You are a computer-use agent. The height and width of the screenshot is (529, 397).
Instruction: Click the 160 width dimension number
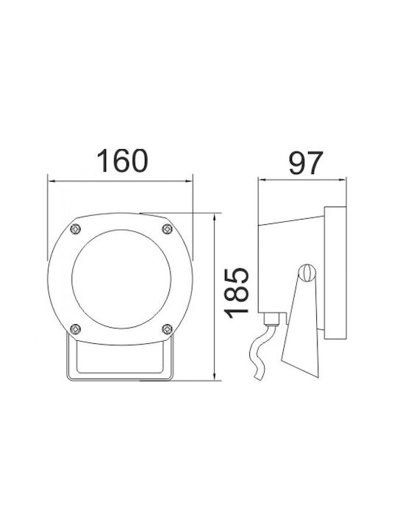[x=122, y=161]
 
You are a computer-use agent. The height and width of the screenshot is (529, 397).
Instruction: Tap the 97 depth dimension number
[x=306, y=163]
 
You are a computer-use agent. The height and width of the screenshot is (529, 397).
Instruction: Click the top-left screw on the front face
[x=76, y=229]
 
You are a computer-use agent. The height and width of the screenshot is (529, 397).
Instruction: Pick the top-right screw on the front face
[x=168, y=229]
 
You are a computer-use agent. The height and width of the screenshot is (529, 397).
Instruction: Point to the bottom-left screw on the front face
[x=75, y=329]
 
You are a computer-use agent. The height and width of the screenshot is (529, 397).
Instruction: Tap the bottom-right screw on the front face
[x=167, y=329]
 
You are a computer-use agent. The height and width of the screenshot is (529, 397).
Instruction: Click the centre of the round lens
[x=121, y=279]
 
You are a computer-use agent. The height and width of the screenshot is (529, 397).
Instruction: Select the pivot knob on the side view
[x=307, y=273]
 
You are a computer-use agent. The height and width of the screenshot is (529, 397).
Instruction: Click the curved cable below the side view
[x=260, y=351]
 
